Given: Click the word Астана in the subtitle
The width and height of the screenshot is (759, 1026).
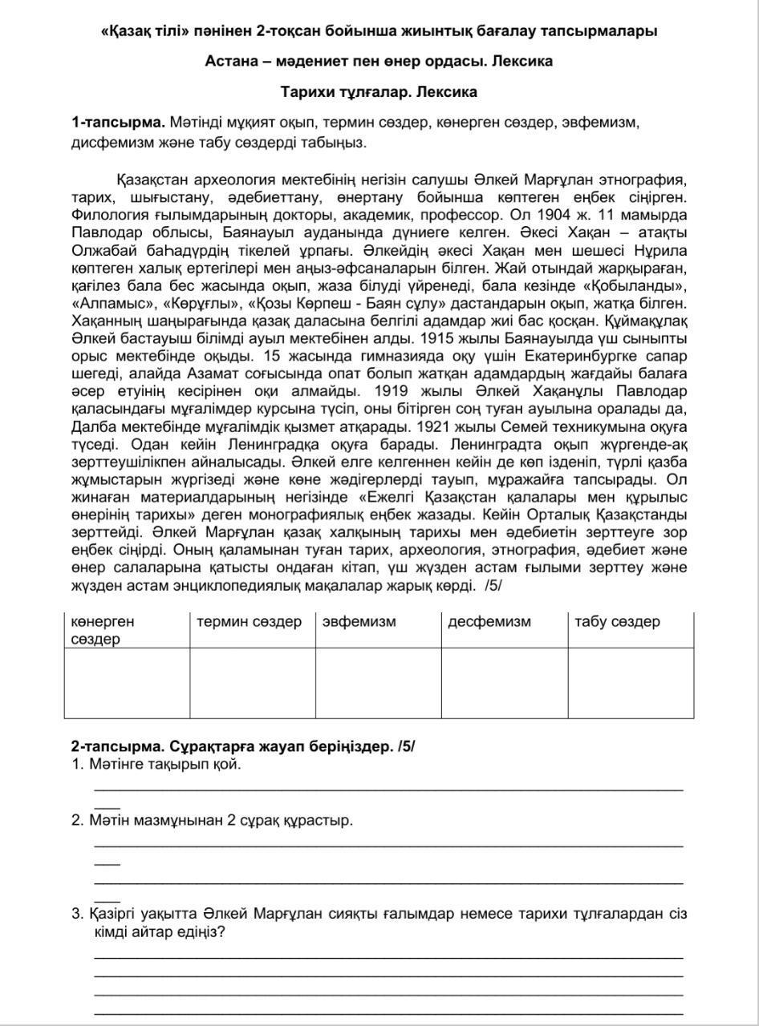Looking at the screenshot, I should click(230, 61).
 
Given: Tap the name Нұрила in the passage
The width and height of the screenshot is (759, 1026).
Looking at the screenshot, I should click(663, 250).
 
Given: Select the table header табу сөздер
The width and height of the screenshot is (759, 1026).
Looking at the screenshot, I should click(617, 622).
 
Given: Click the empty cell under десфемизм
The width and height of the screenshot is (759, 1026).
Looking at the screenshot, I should click(504, 682).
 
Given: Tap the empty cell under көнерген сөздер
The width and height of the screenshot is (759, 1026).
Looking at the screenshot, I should click(127, 682).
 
